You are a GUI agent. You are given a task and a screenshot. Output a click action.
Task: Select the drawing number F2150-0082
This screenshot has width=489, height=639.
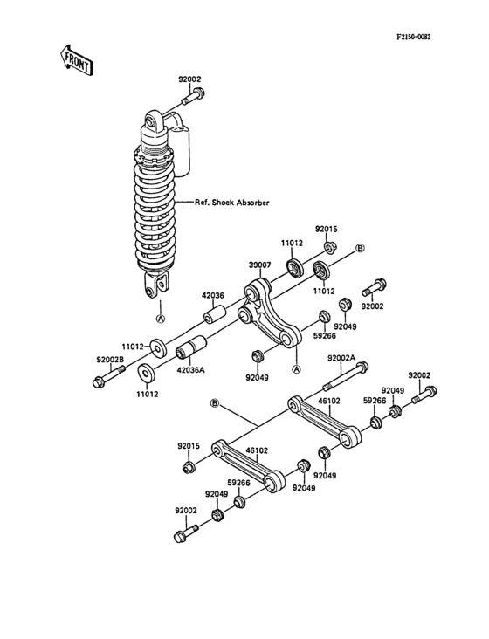click(x=413, y=38)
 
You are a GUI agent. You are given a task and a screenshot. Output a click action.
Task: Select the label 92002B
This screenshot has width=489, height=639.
click(x=111, y=359)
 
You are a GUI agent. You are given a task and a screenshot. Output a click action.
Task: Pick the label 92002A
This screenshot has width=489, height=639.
click(x=343, y=358)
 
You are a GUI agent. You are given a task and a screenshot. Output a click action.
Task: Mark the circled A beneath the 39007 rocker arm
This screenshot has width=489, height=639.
click(x=295, y=369)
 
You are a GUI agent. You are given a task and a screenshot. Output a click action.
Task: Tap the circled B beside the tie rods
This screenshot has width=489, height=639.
click(x=213, y=403)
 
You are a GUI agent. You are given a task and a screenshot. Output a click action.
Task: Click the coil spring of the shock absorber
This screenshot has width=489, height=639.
click(x=158, y=210)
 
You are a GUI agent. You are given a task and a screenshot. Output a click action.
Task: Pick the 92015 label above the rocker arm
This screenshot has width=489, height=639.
click(x=326, y=229)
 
